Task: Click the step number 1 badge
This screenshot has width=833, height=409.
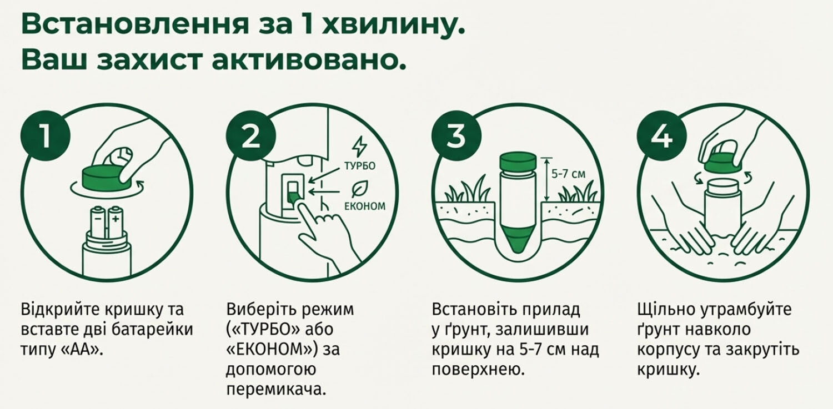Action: [46, 136]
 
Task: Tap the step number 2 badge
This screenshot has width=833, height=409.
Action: [251, 136]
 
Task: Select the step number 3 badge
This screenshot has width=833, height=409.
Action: [456, 136]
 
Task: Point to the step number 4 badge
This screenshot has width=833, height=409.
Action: [662, 136]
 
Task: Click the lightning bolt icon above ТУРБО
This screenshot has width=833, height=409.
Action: [359, 147]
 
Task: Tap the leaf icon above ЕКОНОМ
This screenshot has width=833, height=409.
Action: [360, 189]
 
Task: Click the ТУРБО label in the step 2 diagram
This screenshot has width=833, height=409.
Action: [360, 166]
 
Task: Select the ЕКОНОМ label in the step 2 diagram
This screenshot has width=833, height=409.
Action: [365, 206]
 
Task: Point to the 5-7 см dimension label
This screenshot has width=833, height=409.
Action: [568, 174]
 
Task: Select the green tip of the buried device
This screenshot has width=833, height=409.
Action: [518, 242]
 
